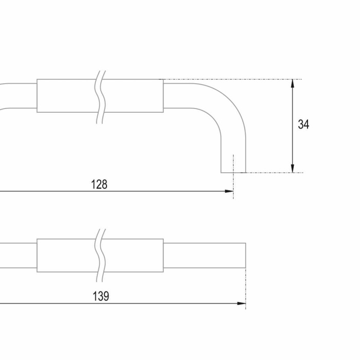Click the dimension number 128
tap(99, 184)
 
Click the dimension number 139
tap(101, 296)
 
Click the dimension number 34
tap(303, 124)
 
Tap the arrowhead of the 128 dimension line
tap(229, 191)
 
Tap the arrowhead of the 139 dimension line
tap(241, 303)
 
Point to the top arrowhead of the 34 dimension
tap(292, 83)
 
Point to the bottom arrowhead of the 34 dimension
tap(292, 168)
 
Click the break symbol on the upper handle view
tap(100, 97)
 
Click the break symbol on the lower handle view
tap(100, 255)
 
